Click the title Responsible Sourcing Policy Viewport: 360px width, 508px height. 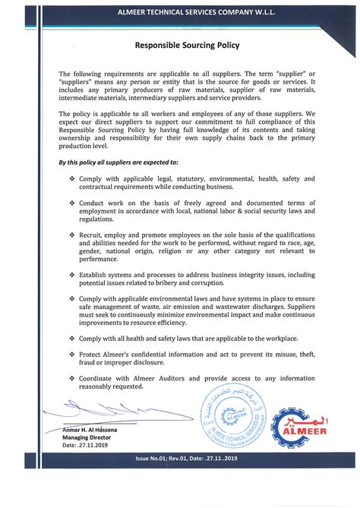[187, 45]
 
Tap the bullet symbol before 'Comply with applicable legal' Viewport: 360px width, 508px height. [72, 178]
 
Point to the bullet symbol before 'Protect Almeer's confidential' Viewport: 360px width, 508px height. [72, 355]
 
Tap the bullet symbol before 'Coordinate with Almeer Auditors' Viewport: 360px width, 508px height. [72, 378]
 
